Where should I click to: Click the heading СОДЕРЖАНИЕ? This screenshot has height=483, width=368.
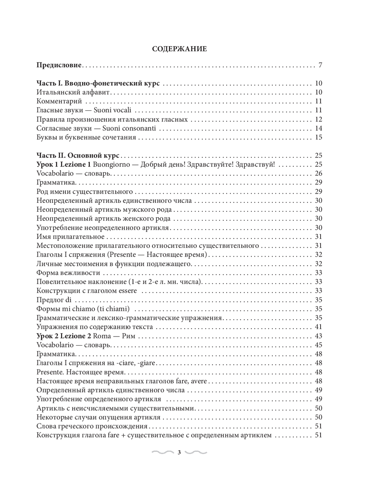tap(179, 49)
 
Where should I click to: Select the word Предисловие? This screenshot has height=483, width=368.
tap(59, 66)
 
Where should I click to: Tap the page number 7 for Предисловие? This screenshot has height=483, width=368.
tap(320, 66)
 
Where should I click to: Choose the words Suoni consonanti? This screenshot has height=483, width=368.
tap(129, 128)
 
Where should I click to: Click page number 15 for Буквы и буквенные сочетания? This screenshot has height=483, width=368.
tap(318, 137)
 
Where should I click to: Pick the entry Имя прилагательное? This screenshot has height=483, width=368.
tap(71, 237)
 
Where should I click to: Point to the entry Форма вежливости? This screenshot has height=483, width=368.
tap(68, 273)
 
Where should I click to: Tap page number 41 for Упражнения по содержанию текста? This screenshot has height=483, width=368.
tap(318, 327)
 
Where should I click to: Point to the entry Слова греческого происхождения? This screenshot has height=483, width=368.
tap(92, 426)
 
